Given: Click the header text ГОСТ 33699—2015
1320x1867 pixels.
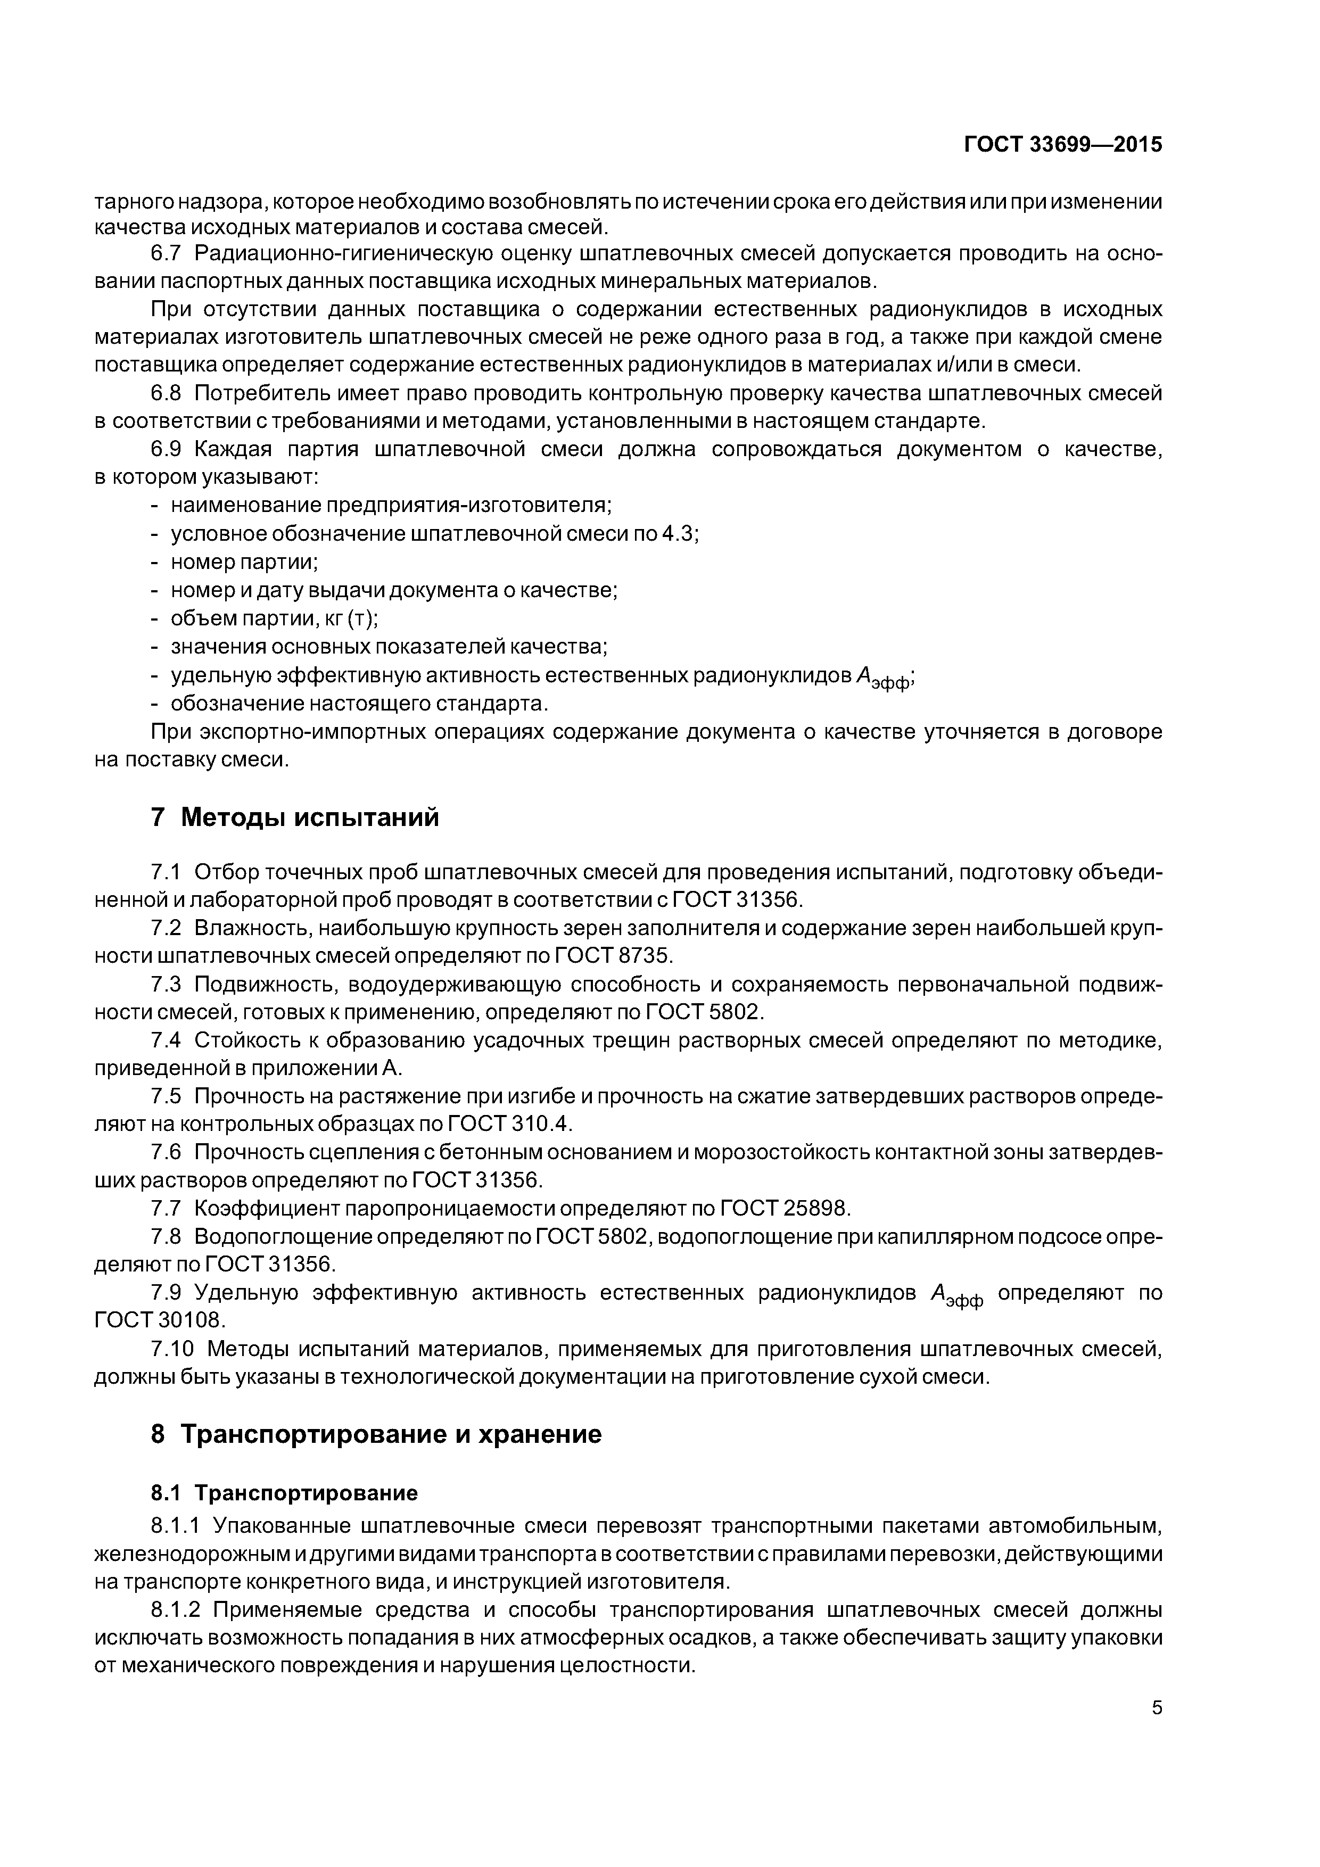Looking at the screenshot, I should pyautogui.click(x=1063, y=145).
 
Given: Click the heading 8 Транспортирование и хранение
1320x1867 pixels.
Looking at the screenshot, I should pyautogui.click(x=376, y=1434).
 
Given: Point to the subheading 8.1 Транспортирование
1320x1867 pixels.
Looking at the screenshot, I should pyautogui.click(x=284, y=1492).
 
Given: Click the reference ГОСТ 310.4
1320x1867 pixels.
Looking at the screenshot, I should pyautogui.click(x=510, y=1124).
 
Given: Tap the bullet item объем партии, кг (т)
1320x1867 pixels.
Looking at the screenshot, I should pyautogui.click(x=273, y=618).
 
